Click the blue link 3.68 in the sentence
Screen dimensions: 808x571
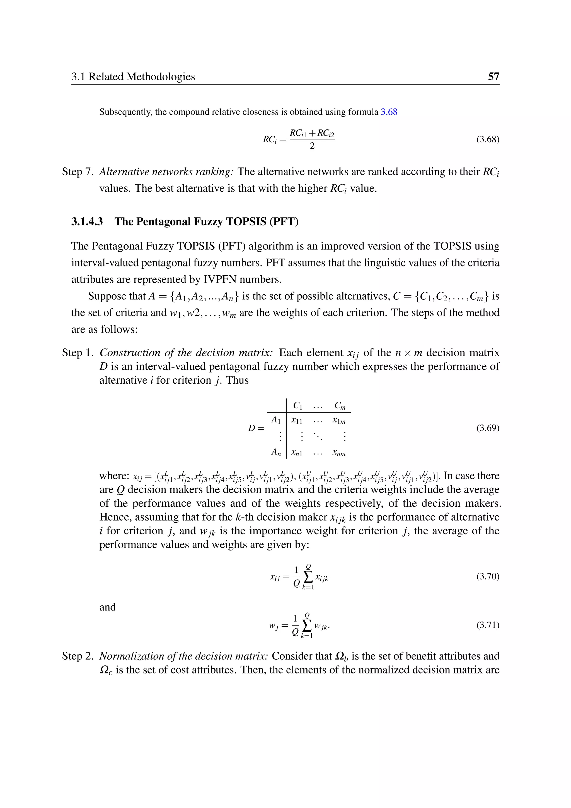(x=389, y=112)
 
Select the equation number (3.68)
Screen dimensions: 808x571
(x=488, y=139)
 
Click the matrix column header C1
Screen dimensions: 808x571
(x=298, y=406)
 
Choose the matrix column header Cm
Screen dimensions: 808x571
(x=340, y=406)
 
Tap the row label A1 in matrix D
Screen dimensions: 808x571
(x=276, y=420)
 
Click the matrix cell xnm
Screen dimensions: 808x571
(x=339, y=453)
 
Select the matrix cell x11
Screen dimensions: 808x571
(x=297, y=420)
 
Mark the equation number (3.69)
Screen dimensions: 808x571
(x=488, y=428)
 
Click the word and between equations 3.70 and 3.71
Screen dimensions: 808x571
(x=108, y=607)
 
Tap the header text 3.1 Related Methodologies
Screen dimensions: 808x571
(x=133, y=76)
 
